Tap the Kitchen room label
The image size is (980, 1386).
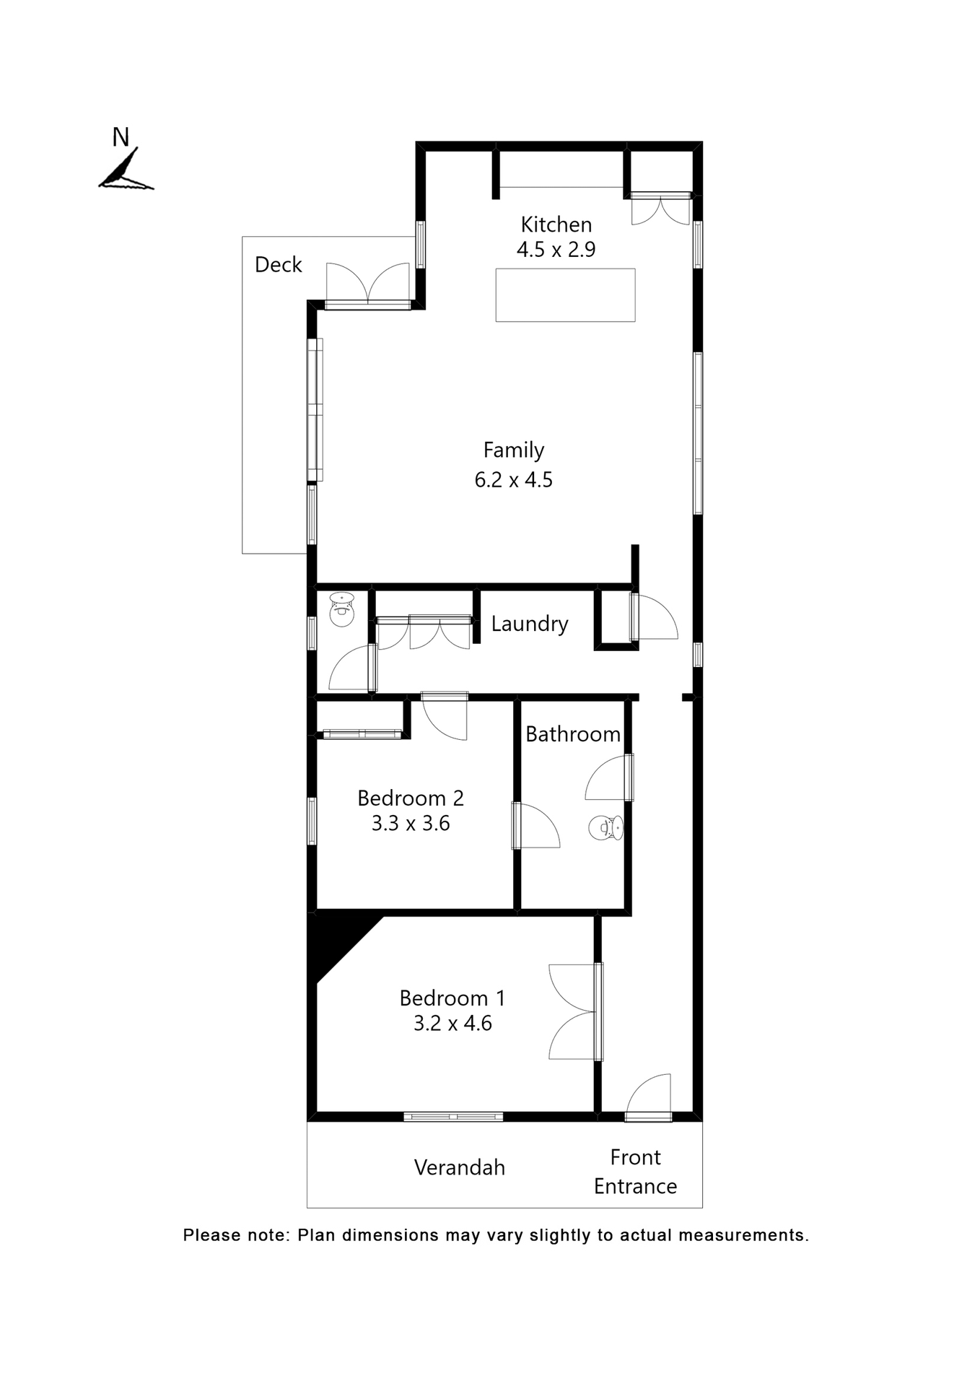(x=556, y=225)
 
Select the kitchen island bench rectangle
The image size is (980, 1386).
(x=565, y=295)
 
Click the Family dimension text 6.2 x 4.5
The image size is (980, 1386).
(x=513, y=480)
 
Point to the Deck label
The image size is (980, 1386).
(x=278, y=265)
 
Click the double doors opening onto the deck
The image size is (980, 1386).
(x=368, y=286)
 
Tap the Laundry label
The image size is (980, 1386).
(x=529, y=624)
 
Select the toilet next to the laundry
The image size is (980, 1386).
(x=341, y=610)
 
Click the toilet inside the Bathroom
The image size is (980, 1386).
(x=605, y=828)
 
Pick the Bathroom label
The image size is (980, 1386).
(x=572, y=734)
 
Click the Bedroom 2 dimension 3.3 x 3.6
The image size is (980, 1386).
(x=410, y=824)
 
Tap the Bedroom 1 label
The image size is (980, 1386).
(x=452, y=998)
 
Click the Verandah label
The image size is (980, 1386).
(x=459, y=1168)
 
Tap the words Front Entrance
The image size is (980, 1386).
(x=635, y=1172)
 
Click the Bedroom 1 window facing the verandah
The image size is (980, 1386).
(x=452, y=1117)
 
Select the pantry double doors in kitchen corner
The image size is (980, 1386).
(x=660, y=209)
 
